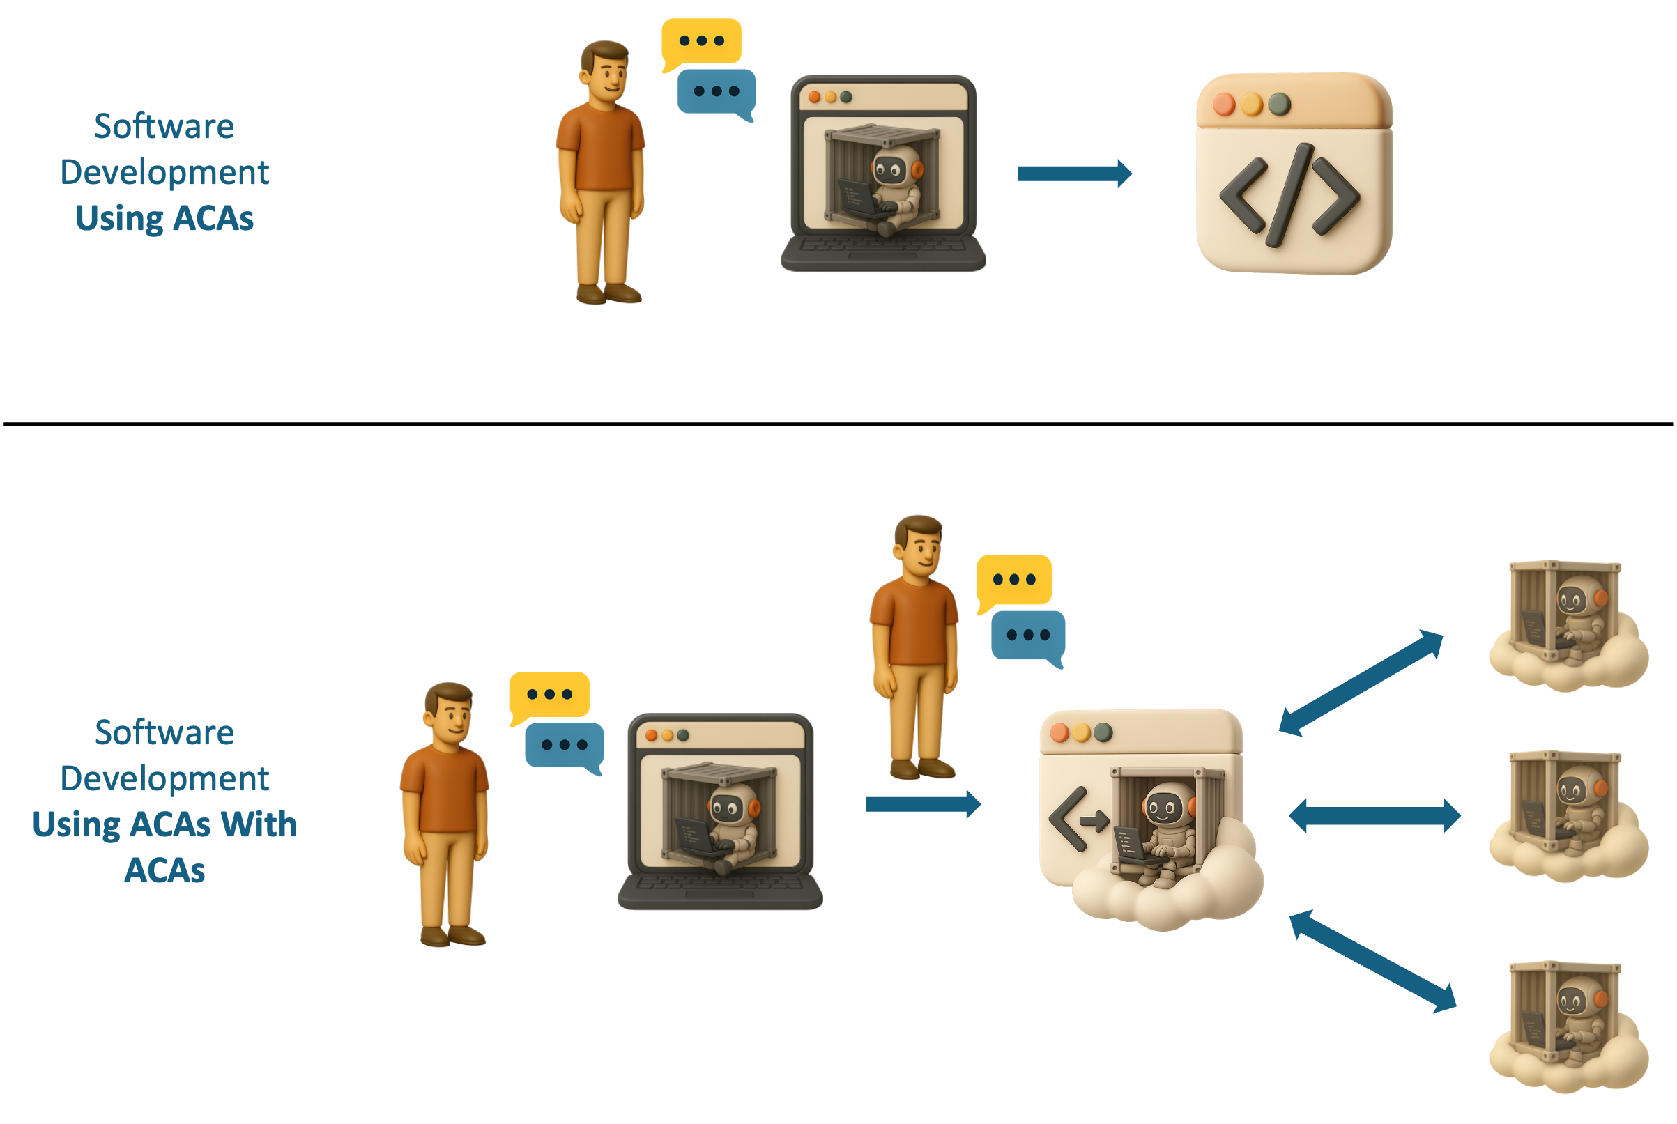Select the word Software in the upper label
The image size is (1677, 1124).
pos(164,127)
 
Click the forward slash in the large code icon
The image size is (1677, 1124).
pos(1289,195)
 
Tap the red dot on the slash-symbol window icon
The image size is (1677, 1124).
pos(1224,105)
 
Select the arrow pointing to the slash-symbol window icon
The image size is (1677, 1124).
pos(1074,173)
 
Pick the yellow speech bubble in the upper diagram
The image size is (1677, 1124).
pos(701,42)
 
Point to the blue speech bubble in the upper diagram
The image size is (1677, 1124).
pos(716,92)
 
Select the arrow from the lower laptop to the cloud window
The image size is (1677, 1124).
pos(922,803)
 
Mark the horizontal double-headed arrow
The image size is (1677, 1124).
pos(1374,816)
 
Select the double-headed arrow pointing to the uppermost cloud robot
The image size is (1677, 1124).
pos(1361,682)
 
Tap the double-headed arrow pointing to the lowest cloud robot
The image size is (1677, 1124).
pos(1373,961)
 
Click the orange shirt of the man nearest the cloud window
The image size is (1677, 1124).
pos(912,622)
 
